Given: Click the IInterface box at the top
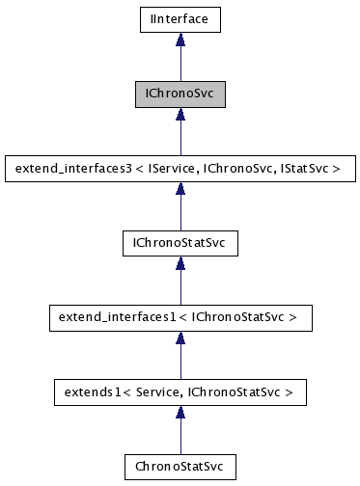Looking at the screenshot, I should [x=180, y=17].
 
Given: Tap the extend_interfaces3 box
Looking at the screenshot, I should [x=180, y=169].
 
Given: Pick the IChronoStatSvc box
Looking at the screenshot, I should [x=180, y=243].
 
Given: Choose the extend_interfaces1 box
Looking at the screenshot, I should [x=180, y=316].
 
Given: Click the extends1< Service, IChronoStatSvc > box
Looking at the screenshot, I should [x=180, y=392].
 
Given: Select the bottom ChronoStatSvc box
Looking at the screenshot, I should [x=180, y=467].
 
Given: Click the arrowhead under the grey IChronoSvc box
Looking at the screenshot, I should [x=180, y=114].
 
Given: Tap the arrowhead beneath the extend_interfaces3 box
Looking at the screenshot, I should [x=180, y=189].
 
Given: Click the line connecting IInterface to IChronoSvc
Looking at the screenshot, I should [x=180, y=63].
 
